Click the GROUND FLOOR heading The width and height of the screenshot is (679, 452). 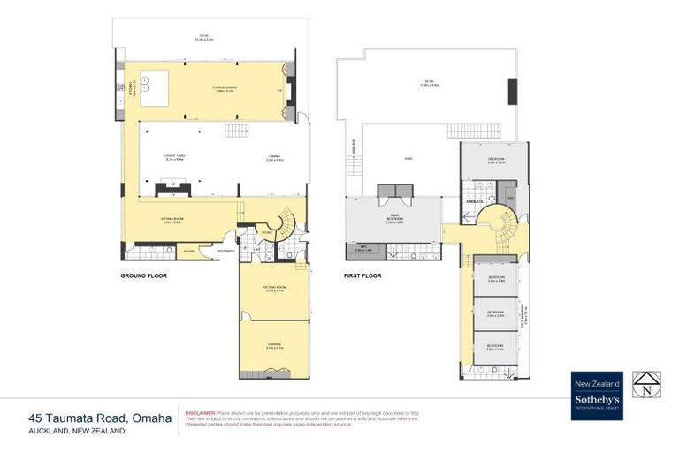point(143,275)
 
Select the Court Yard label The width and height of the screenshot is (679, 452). point(173,158)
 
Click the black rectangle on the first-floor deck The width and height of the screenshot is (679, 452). point(512,92)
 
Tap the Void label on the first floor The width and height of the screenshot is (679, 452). point(408,159)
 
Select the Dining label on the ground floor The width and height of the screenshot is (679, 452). point(274,159)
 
